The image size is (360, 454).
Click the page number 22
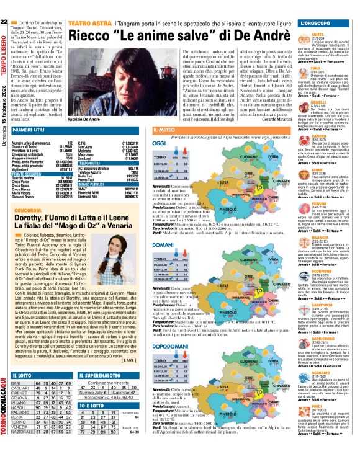tap(4, 23)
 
